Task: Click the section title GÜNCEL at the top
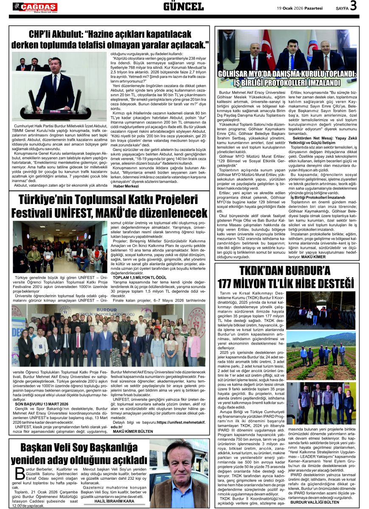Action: tap(183, 6)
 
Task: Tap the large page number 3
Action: tap(353, 6)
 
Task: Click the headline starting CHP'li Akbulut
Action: tap(110, 39)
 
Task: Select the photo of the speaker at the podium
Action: tap(59, 87)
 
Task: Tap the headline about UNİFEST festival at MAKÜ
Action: tap(110, 206)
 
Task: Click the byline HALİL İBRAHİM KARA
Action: tap(120, 501)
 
